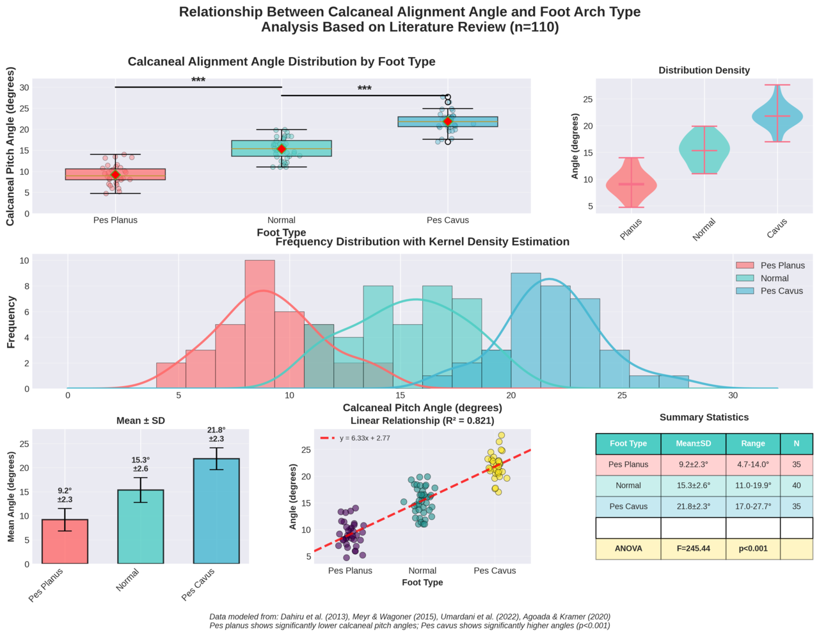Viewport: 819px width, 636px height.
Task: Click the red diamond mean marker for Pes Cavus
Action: (x=448, y=121)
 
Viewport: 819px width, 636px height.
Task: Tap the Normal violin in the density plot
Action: (x=704, y=151)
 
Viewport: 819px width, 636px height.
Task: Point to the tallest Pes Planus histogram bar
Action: (x=260, y=320)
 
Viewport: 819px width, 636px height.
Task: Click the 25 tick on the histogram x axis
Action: (x=622, y=396)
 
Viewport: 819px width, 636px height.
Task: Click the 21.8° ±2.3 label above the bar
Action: (x=216, y=434)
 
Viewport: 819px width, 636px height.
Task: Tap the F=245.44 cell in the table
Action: (x=694, y=549)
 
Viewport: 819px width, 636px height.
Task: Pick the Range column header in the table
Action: (x=753, y=443)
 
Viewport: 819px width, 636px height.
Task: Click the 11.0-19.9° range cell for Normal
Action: (x=753, y=485)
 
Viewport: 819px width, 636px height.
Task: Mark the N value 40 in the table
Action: (x=797, y=485)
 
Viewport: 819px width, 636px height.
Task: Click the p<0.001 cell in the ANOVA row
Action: (x=753, y=549)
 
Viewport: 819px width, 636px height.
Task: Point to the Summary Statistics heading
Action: (x=704, y=418)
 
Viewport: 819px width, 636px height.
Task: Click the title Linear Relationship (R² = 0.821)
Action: (x=422, y=421)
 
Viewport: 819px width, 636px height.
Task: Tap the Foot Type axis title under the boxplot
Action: (x=282, y=232)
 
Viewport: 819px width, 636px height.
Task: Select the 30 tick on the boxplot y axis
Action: (x=24, y=88)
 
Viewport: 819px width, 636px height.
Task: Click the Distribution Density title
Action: (x=704, y=70)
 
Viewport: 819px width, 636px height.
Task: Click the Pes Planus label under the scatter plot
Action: (x=350, y=571)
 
